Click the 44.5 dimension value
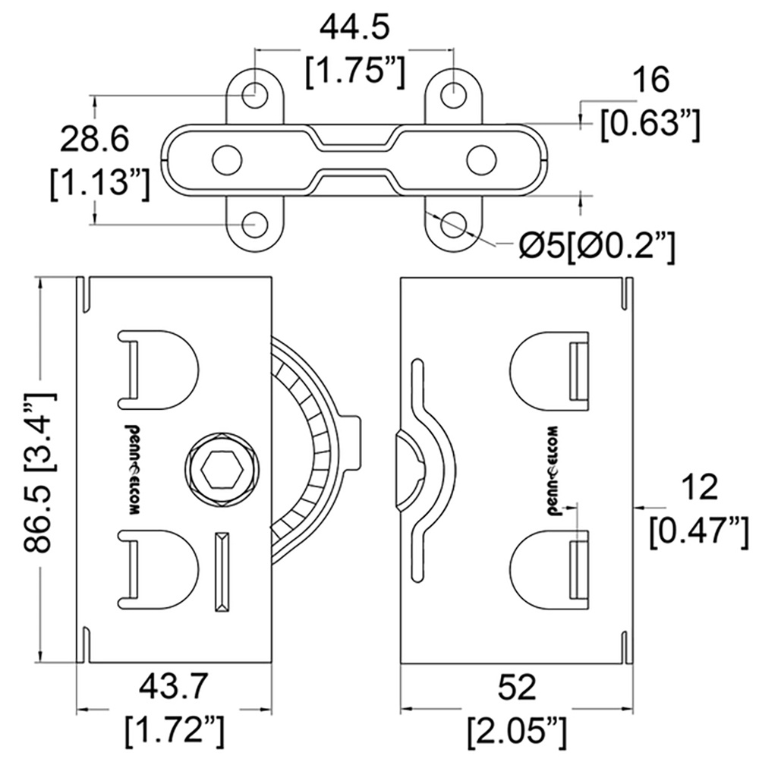pyautogui.click(x=354, y=29)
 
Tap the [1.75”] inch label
pyautogui.click(x=354, y=73)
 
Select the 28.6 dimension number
pyautogui.click(x=94, y=140)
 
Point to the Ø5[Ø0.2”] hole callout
pyautogui.click(x=597, y=248)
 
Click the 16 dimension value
pyautogui.click(x=651, y=80)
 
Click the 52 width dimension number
pyautogui.click(x=517, y=688)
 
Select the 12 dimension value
pyautogui.click(x=700, y=488)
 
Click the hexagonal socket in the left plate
pyautogui.click(x=222, y=470)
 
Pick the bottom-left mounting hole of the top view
pyautogui.click(x=255, y=225)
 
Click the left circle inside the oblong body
pyautogui.click(x=228, y=159)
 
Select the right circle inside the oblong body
pyautogui.click(x=482, y=159)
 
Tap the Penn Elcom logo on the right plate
pyautogui.click(x=550, y=471)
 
